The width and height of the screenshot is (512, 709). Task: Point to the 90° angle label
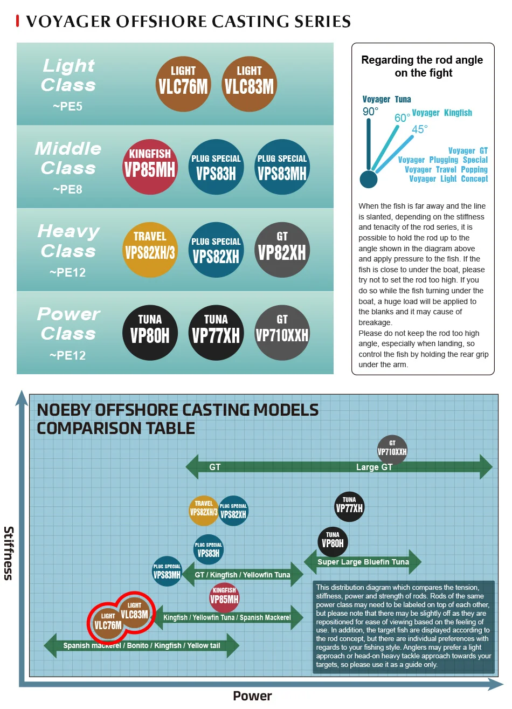[x=370, y=112]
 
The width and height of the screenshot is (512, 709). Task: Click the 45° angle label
[x=419, y=129]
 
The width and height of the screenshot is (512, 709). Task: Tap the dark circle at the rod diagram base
[x=369, y=179]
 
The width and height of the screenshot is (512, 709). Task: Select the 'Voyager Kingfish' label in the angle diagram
[x=442, y=113]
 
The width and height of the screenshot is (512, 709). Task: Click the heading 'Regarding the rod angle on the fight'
[x=423, y=66]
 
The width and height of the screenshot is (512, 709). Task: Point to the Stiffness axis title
[x=9, y=553]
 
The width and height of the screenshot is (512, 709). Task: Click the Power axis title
[x=252, y=696]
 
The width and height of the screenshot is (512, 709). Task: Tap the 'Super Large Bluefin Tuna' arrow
[x=363, y=562]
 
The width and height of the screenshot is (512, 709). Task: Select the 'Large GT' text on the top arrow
[x=374, y=467]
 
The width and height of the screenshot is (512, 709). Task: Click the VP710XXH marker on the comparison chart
[x=392, y=449]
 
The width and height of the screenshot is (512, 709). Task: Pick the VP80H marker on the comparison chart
[x=333, y=541]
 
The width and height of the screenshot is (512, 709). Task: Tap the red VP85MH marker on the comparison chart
[x=224, y=597]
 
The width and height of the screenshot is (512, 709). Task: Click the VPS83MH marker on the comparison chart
[x=167, y=572]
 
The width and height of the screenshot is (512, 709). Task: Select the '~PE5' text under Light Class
[x=68, y=107]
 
